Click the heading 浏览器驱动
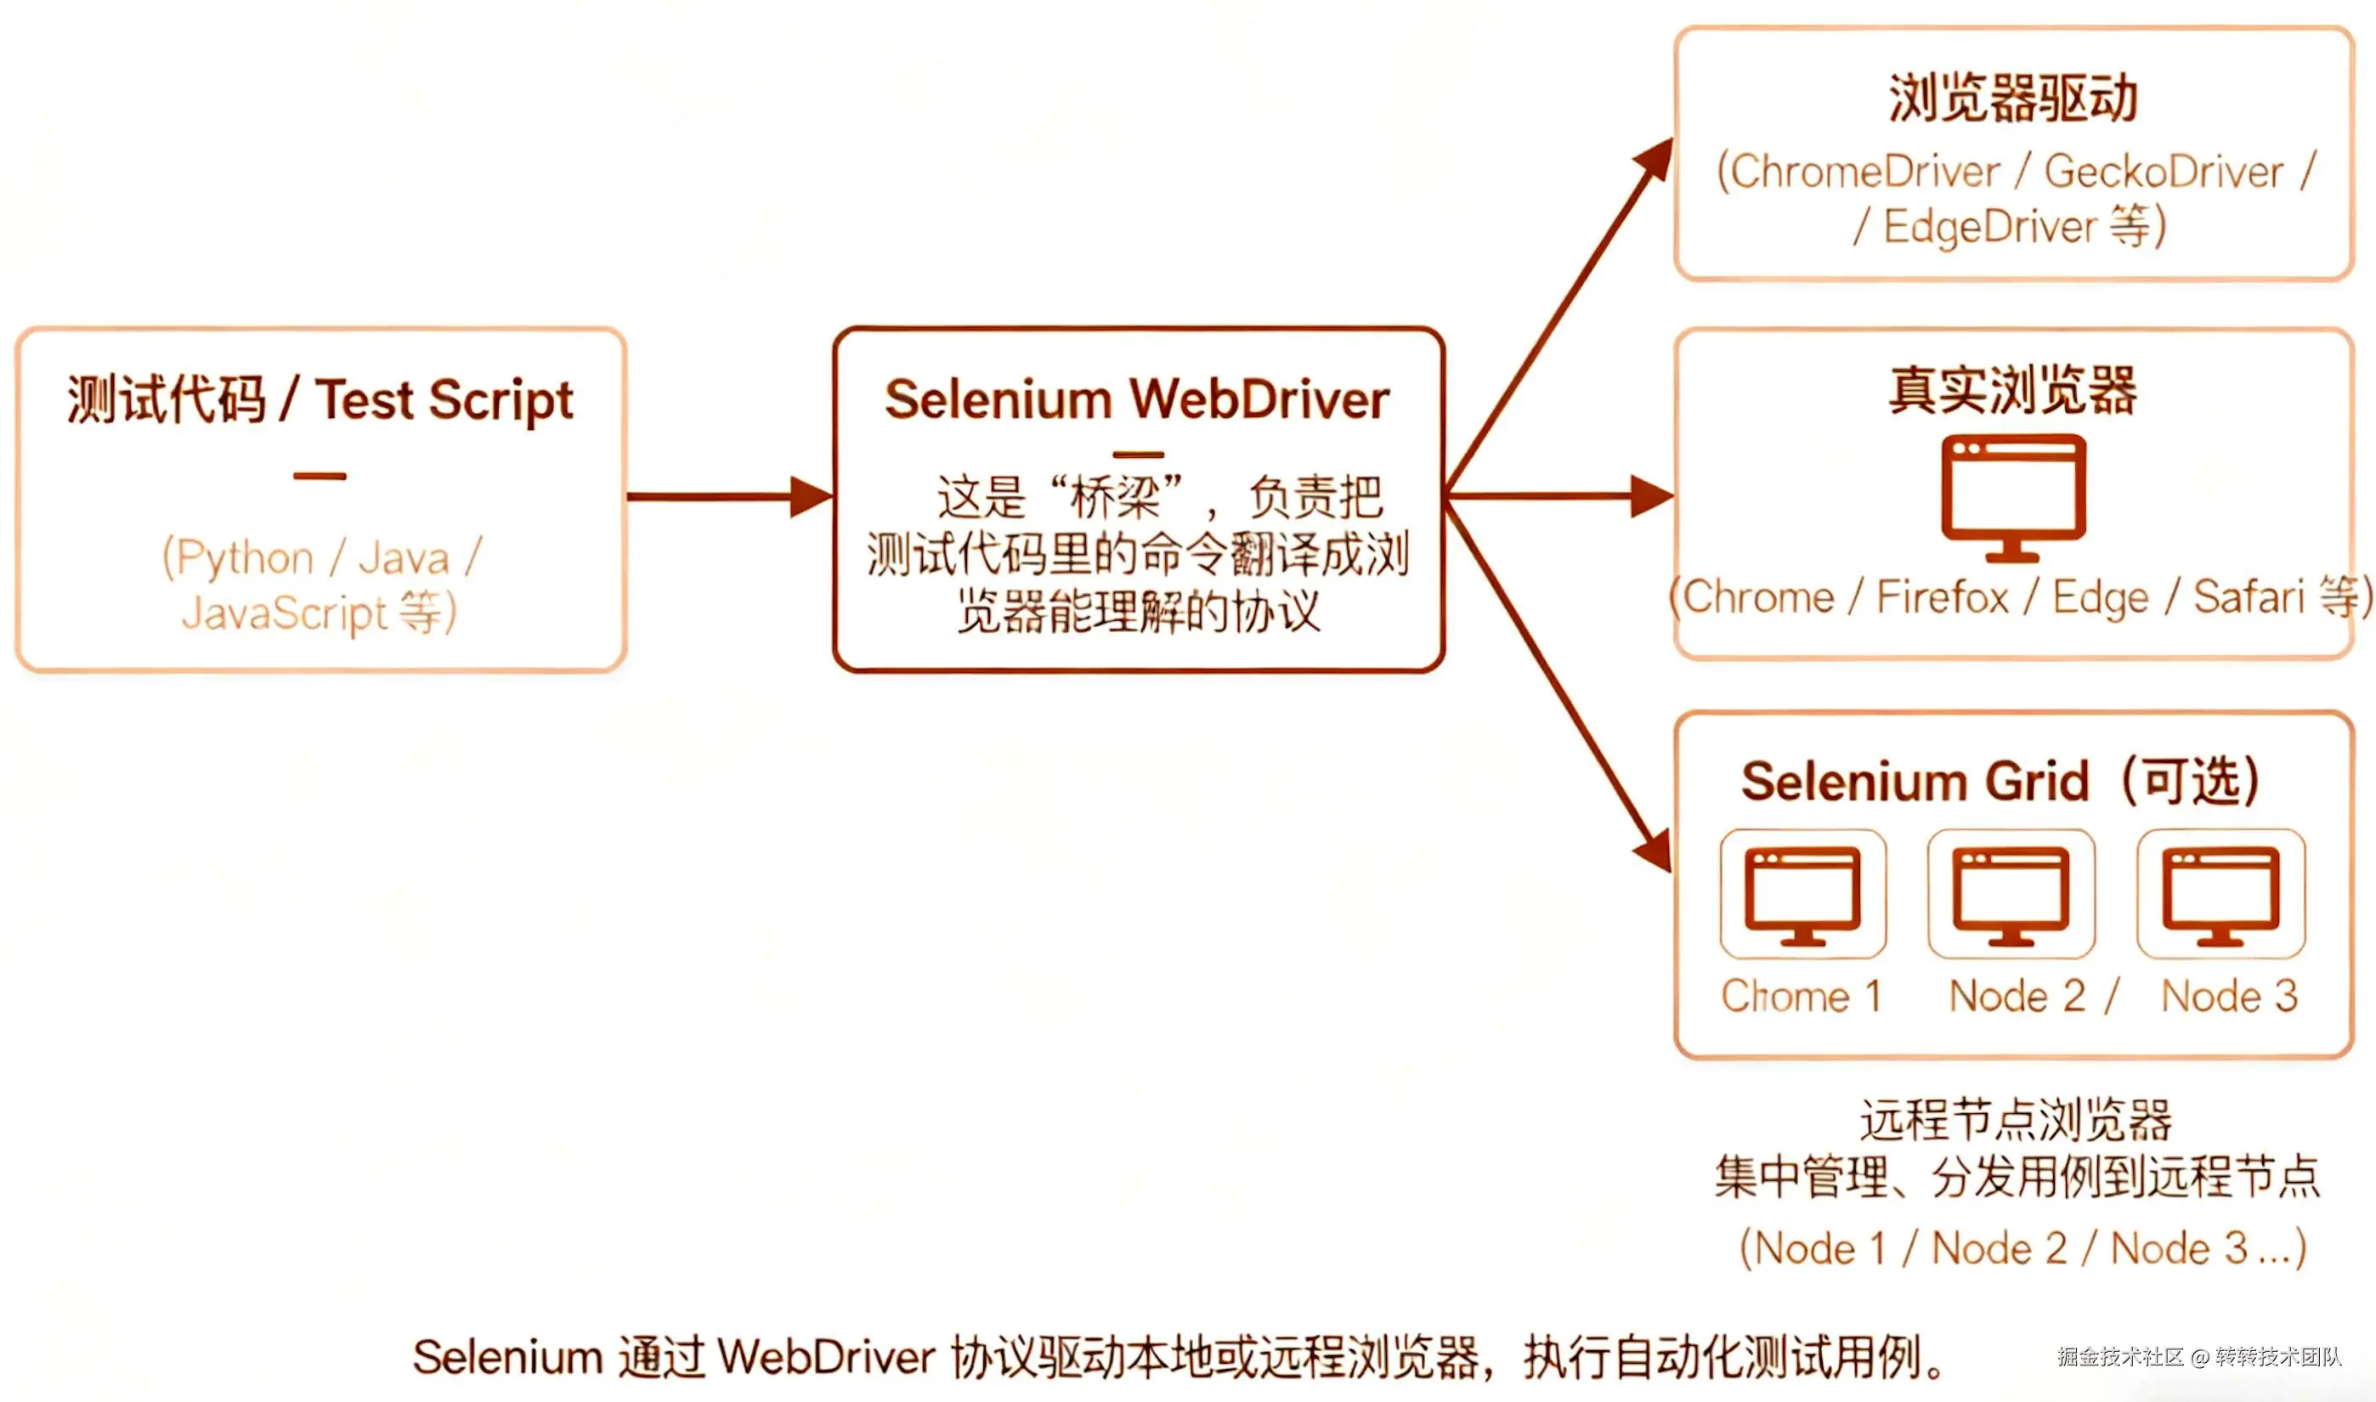click(2012, 99)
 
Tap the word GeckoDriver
click(2164, 172)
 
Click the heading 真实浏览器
click(2012, 390)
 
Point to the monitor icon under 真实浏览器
click(2013, 495)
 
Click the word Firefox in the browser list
click(1943, 597)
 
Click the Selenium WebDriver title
click(1136, 399)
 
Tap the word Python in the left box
click(245, 557)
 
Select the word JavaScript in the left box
click(285, 613)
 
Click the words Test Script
click(444, 399)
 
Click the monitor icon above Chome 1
click(1802, 894)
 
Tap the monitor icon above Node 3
click(2221, 894)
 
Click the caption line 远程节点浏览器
click(2015, 1121)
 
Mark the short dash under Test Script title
click(320, 476)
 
